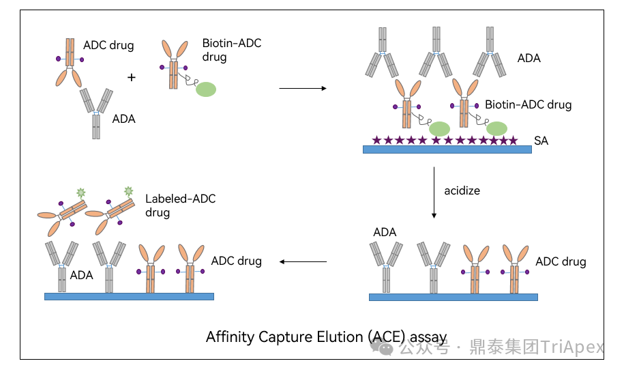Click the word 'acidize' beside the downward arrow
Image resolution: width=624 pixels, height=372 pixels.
click(x=462, y=190)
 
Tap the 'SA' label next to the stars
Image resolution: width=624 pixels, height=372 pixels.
click(x=541, y=141)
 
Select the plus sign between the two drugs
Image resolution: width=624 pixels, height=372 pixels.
click(x=132, y=78)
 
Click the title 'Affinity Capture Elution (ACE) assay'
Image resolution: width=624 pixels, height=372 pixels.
click(x=326, y=337)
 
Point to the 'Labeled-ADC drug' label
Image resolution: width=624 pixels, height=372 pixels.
click(x=180, y=205)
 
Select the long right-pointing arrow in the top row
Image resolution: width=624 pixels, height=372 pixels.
click(x=303, y=88)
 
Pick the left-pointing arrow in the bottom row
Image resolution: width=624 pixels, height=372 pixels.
click(x=303, y=261)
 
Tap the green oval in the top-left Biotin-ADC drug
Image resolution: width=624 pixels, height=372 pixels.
click(x=206, y=89)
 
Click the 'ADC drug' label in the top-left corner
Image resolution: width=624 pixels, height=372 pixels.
click(x=108, y=46)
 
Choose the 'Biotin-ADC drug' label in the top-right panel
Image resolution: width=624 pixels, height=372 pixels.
click(x=528, y=105)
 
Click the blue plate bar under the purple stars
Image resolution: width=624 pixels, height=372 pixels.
click(x=447, y=149)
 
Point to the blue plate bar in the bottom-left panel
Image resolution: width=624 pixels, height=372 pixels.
click(x=129, y=296)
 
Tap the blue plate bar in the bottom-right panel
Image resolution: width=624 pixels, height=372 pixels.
click(x=453, y=297)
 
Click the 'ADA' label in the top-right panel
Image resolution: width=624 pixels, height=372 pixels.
click(x=529, y=58)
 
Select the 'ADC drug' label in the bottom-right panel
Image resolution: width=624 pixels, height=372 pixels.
click(x=561, y=261)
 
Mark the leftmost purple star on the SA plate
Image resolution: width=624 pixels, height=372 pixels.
click(x=376, y=140)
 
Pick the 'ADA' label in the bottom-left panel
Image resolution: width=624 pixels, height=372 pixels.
click(x=81, y=275)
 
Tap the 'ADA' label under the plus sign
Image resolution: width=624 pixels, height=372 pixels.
click(x=123, y=119)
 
